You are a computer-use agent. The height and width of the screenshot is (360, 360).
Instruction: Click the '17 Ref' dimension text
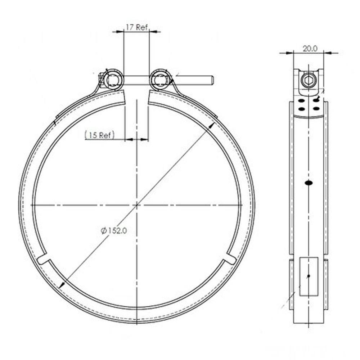[136, 27]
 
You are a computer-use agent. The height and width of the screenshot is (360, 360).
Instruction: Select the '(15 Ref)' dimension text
[99, 135]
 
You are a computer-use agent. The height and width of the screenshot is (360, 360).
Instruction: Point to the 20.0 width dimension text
[310, 49]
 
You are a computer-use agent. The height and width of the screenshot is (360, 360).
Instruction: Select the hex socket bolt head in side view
[309, 80]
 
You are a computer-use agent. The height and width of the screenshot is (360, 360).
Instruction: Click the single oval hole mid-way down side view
[309, 183]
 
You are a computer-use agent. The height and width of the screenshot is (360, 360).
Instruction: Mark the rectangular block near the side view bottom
[309, 276]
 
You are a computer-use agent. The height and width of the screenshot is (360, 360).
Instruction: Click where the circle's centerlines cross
[137, 205]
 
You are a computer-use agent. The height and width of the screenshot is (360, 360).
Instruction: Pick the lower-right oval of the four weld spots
[316, 108]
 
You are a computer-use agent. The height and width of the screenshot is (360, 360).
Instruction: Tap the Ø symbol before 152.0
[103, 231]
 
